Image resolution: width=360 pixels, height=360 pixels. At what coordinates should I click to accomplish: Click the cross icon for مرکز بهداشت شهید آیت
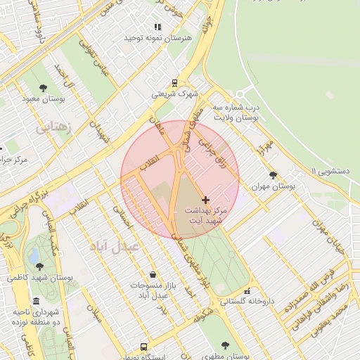(205, 200)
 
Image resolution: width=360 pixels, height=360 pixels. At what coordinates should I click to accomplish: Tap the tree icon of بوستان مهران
(273, 175)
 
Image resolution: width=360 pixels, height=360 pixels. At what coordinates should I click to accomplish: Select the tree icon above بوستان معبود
(44, 89)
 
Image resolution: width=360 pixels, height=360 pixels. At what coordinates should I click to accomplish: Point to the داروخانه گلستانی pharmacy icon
(247, 291)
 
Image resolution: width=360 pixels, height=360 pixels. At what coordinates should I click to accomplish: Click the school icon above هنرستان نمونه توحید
(157, 27)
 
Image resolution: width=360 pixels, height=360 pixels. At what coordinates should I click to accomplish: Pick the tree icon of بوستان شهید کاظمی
(39, 266)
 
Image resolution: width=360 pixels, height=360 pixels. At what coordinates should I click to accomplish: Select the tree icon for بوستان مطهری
(224, 345)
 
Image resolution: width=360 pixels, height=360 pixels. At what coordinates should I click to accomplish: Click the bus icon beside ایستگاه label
(144, 347)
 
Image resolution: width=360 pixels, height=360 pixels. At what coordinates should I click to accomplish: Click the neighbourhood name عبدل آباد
(116, 247)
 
